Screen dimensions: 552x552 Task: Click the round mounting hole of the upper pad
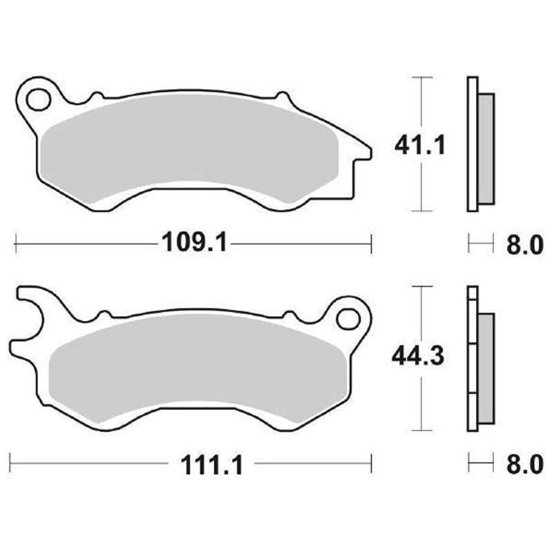pyautogui.click(x=38, y=99)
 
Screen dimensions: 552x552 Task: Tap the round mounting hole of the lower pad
pyautogui.click(x=348, y=319)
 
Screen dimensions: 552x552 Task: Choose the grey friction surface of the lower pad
pyautogui.click(x=197, y=369)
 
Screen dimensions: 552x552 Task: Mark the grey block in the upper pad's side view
pyautogui.click(x=486, y=148)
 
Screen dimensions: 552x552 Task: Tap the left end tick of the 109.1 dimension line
pyautogui.click(x=15, y=243)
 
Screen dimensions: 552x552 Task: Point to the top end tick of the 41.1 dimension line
pyautogui.click(x=421, y=77)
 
